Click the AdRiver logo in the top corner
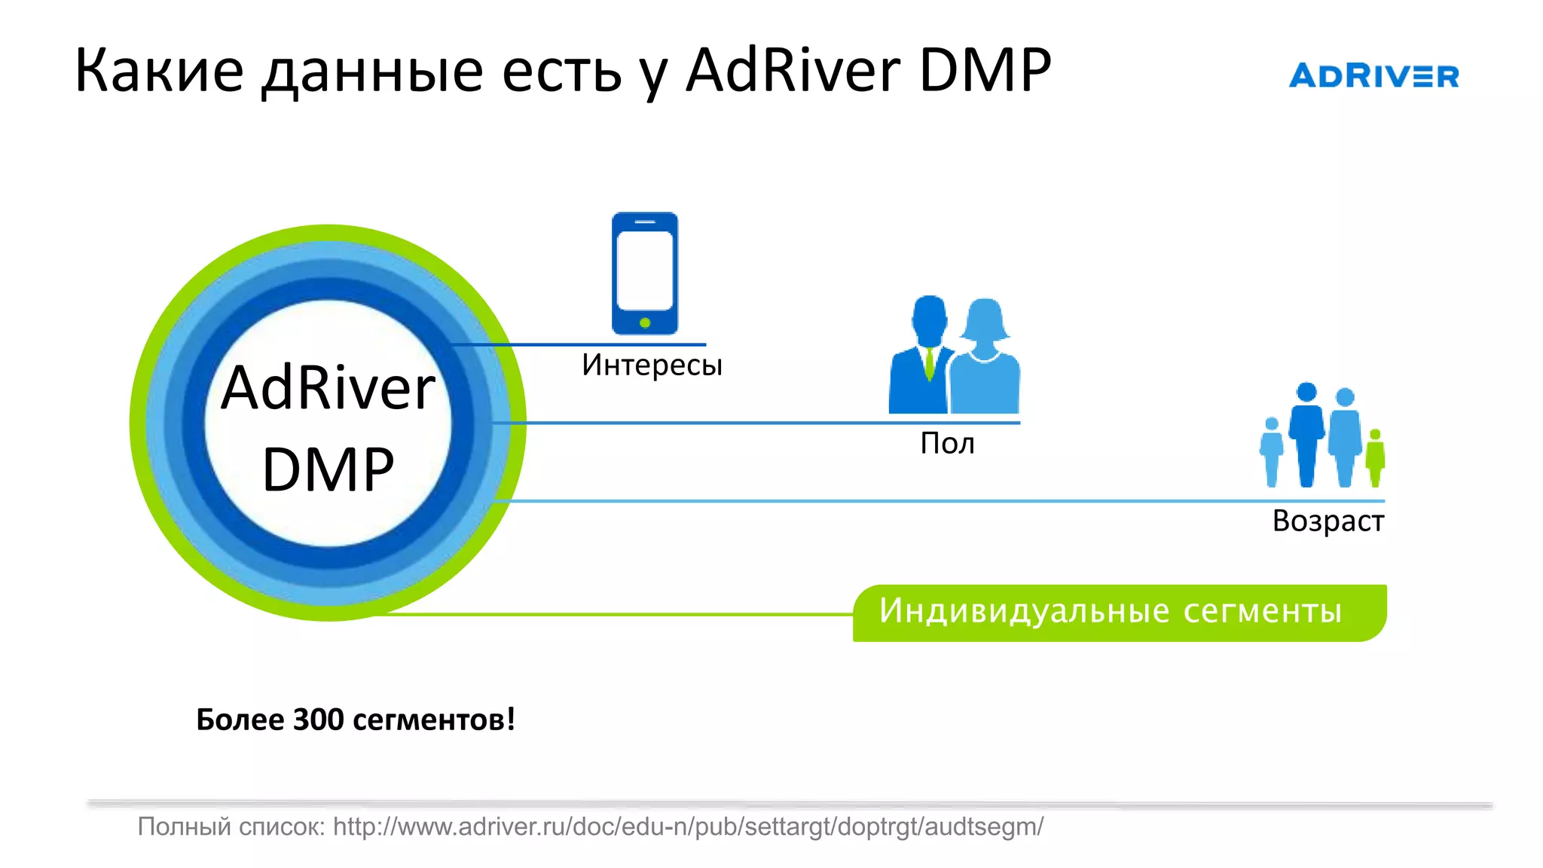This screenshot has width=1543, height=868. pyautogui.click(x=1373, y=76)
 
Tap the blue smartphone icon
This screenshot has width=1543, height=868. pyautogui.click(x=644, y=273)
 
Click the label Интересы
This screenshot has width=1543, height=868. pyautogui.click(x=652, y=365)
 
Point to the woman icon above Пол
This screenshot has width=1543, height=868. pyautogui.click(x=985, y=358)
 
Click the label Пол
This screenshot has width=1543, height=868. pyautogui.click(x=947, y=444)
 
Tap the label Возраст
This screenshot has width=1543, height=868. pyautogui.click(x=1328, y=521)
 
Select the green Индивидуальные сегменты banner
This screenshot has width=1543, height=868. pyautogui.click(x=1119, y=613)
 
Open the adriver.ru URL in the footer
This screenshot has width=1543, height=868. pyautogui.click(x=688, y=827)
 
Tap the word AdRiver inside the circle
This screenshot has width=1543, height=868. pyautogui.click(x=328, y=388)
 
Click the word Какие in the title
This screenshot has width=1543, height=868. pyautogui.click(x=159, y=70)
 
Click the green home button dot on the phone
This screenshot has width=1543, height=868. pyautogui.click(x=645, y=323)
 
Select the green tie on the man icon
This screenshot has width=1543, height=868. pyautogui.click(x=930, y=363)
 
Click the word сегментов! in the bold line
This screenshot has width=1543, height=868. pyautogui.click(x=434, y=720)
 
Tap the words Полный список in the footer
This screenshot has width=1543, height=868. pyautogui.click(x=231, y=827)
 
